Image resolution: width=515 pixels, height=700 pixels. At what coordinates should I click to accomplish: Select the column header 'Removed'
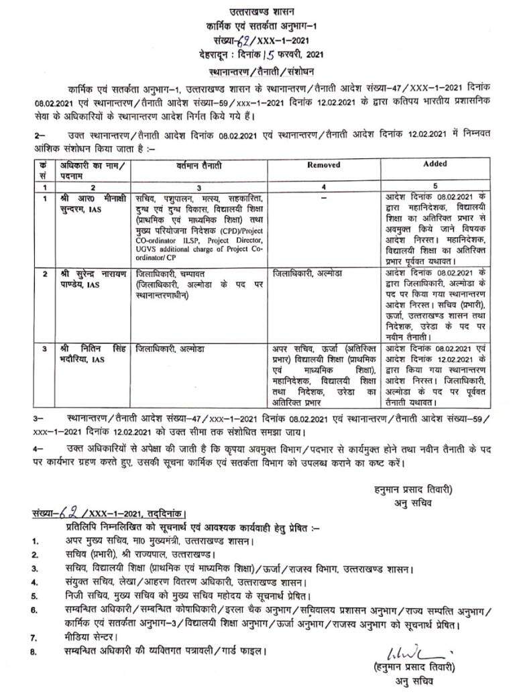tap(323, 164)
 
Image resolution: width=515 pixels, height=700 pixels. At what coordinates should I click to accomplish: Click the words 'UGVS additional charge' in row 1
tap(179, 249)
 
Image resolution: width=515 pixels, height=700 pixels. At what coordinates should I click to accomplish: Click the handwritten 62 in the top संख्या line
tap(233, 38)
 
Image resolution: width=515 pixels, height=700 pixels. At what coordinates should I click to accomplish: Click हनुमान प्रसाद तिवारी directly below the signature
tap(411, 668)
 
